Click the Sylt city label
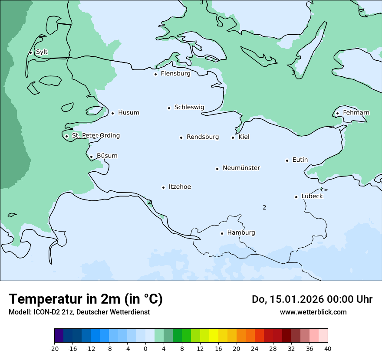point(42,52)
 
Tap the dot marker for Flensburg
point(155,74)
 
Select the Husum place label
point(128,113)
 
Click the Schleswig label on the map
point(189,107)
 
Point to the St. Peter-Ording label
point(95,136)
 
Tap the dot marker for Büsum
point(91,157)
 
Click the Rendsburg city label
point(203,137)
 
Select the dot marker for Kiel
point(233,137)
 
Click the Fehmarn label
point(356,113)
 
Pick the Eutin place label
point(300,160)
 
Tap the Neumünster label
point(241,168)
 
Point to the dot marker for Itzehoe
point(163,187)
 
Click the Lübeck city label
point(312,196)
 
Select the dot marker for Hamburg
point(222,233)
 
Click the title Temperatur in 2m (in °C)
point(86,299)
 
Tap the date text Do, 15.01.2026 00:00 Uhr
point(312,299)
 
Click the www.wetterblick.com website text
point(313,312)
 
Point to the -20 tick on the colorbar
point(54,348)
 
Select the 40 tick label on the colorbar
point(328,348)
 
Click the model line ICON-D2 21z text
point(79,312)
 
